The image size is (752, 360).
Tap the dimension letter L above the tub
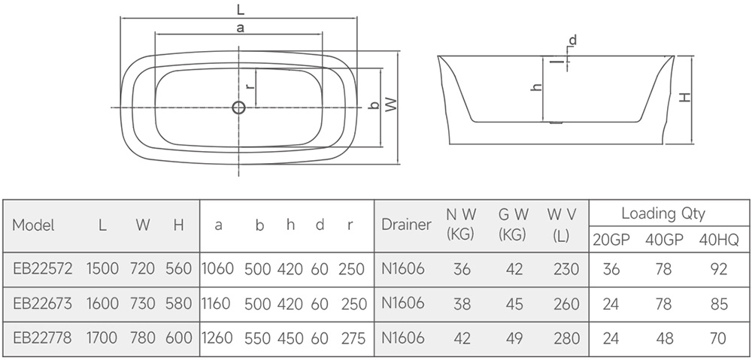coord(241,8)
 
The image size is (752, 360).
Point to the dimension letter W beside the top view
coord(391,105)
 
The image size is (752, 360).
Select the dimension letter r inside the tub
coord(249,86)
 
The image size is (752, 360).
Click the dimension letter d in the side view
coord(572,41)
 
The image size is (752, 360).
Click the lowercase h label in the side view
coord(537,86)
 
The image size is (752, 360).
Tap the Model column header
coord(34,225)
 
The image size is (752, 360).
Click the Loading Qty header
coord(663,213)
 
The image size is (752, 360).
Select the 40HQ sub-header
coord(719,240)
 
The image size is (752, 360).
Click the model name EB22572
coord(43,269)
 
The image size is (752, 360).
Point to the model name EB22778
coord(42,338)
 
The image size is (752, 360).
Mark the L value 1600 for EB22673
coord(102,304)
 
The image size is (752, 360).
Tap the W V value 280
coord(566,338)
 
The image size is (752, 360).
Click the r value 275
coord(353,338)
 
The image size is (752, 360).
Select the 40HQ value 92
coord(719,269)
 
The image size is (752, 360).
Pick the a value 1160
coord(217,304)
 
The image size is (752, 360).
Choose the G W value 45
coord(514,304)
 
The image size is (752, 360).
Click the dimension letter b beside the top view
coord(374,105)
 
